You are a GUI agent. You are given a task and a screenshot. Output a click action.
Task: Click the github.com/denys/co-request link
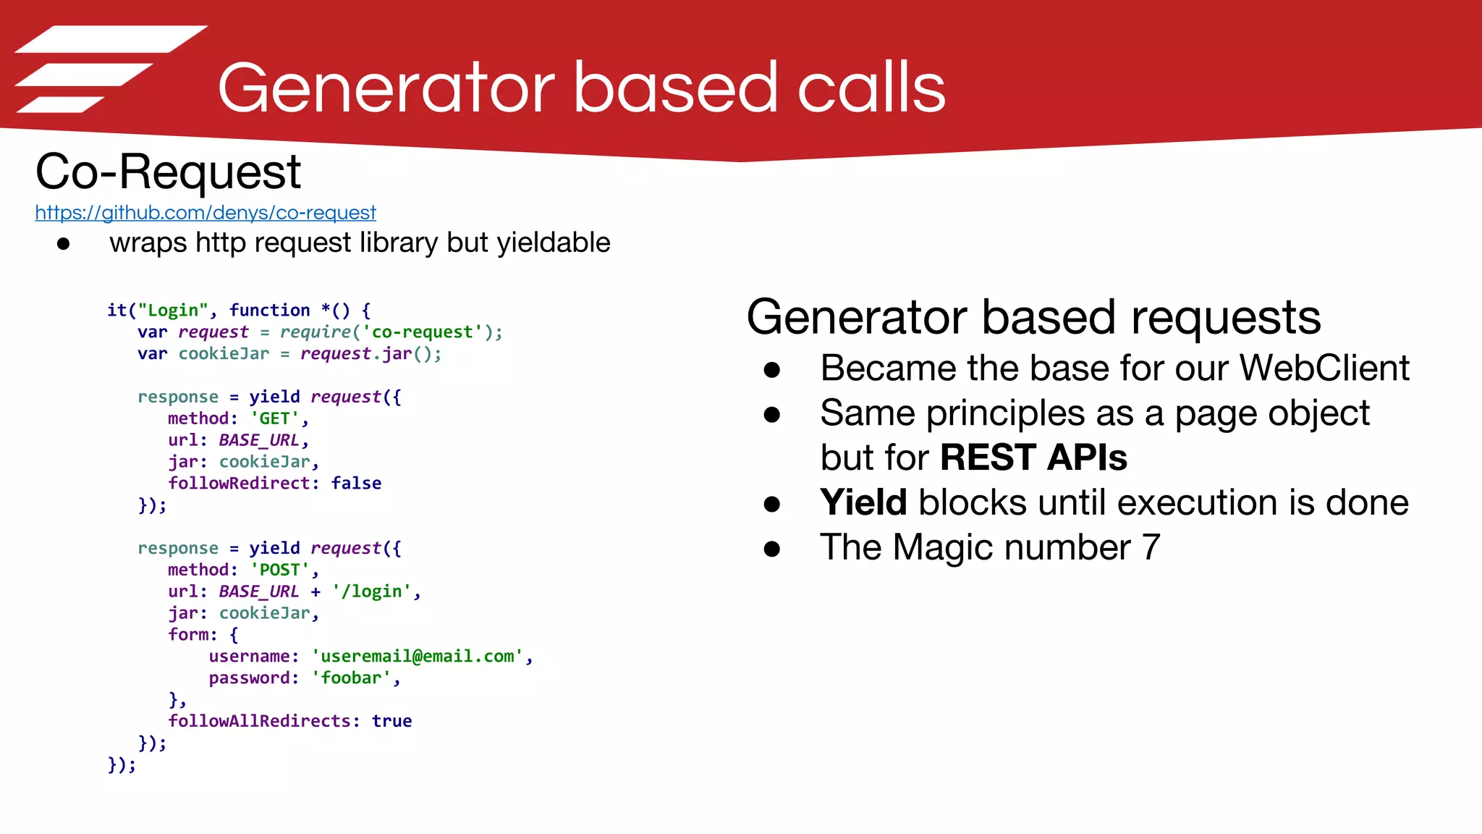point(206,213)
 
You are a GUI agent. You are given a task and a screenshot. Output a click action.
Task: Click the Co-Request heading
point(168,172)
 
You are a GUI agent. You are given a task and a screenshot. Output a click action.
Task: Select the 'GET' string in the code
point(274,418)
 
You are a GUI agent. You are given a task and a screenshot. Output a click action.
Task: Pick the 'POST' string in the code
point(279,570)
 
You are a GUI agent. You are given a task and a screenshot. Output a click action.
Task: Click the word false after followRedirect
point(356,483)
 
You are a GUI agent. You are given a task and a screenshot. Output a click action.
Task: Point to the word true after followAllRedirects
point(391,721)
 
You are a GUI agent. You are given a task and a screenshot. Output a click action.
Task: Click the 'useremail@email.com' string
point(418,656)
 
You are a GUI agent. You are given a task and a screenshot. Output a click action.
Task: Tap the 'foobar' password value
point(351,678)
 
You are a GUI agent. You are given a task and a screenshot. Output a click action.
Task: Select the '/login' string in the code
point(371,591)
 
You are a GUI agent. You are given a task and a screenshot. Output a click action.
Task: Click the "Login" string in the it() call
point(173,311)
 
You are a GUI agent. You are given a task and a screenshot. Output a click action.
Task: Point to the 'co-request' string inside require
point(422,332)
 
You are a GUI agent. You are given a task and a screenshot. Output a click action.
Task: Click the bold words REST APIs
point(1033,458)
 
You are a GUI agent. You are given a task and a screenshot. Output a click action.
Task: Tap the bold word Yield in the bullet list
point(863,502)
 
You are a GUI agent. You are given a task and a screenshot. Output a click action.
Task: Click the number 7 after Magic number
point(1151,547)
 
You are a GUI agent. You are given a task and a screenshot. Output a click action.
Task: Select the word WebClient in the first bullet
point(1324,368)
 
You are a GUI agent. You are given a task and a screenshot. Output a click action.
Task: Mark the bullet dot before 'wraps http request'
point(64,244)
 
